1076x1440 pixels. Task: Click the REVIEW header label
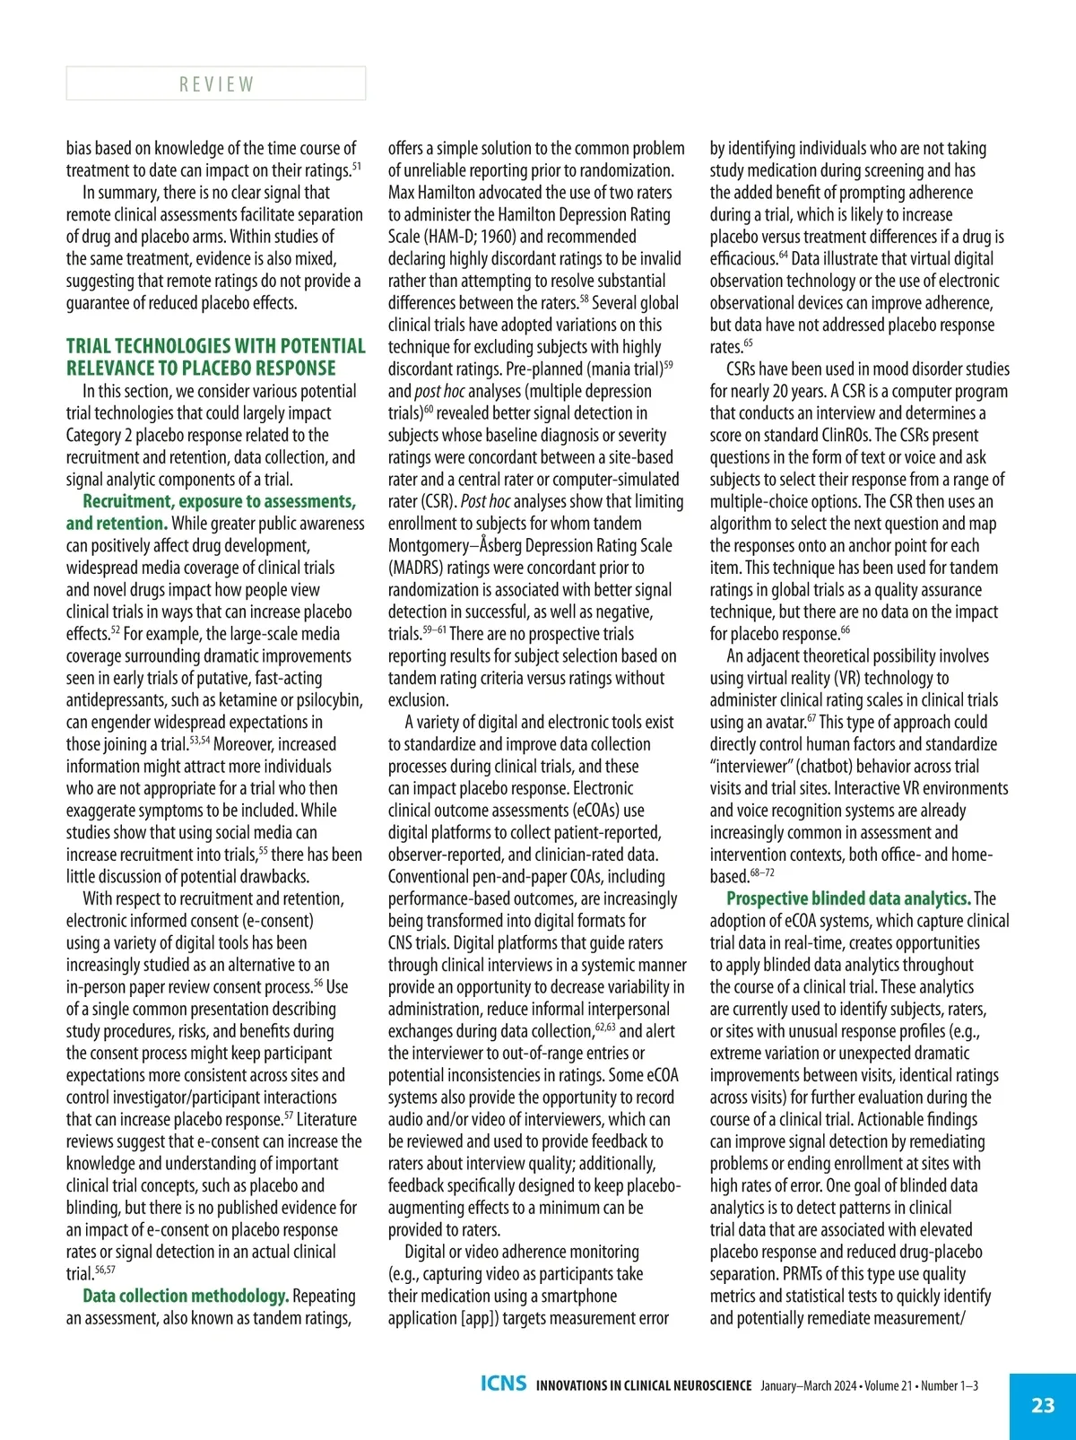(x=216, y=84)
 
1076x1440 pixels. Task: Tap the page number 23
(x=1043, y=1405)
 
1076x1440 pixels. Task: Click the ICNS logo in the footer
(x=503, y=1384)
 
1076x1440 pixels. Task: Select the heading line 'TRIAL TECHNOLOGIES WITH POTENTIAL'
(x=216, y=346)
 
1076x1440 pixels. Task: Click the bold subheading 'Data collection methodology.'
(x=186, y=1296)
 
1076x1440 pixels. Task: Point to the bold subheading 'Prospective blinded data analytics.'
(x=848, y=898)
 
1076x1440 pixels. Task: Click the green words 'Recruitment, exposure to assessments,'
(x=220, y=501)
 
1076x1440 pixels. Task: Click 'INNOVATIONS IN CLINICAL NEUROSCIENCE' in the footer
(x=644, y=1385)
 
